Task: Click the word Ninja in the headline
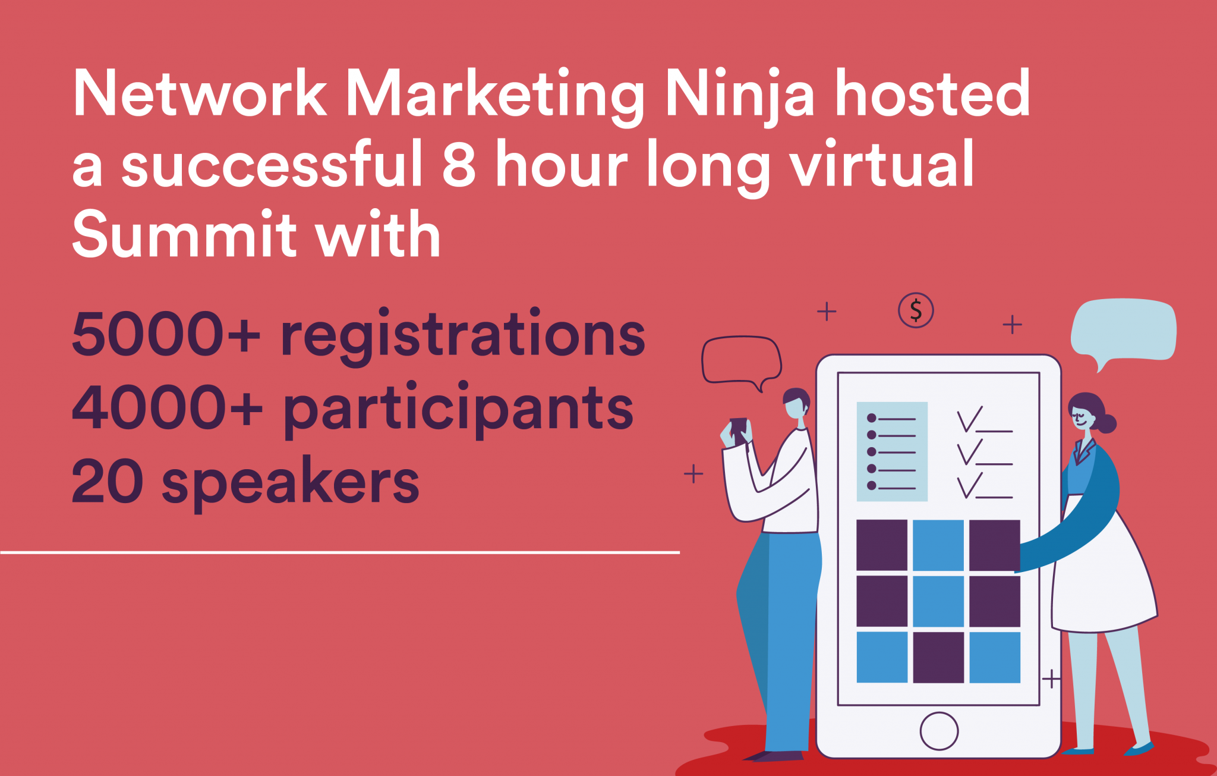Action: [x=740, y=94]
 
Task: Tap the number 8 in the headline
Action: [x=459, y=164]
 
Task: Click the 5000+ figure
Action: [x=166, y=334]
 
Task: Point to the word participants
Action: [x=458, y=409]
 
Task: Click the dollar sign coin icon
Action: [x=916, y=310]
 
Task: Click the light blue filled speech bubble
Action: [x=1123, y=330]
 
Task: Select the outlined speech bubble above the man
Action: [x=741, y=360]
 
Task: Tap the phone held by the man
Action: [x=738, y=429]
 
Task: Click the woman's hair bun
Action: [x=1106, y=423]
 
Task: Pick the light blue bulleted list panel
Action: [x=892, y=451]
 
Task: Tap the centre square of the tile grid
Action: [x=938, y=601]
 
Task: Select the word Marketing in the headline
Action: [x=495, y=94]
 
